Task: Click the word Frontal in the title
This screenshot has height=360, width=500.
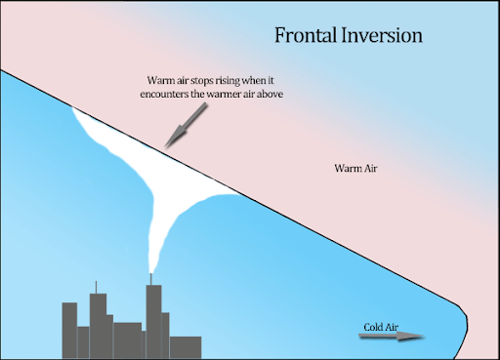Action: pyautogui.click(x=305, y=37)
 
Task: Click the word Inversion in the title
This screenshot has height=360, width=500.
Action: pyautogui.click(x=384, y=37)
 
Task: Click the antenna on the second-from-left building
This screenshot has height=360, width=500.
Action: pyautogui.click(x=97, y=287)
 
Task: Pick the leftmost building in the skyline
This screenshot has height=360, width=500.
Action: pyautogui.click(x=69, y=328)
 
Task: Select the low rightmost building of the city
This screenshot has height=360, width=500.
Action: pyautogui.click(x=185, y=344)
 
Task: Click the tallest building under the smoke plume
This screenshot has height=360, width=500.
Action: pyautogui.click(x=153, y=317)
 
